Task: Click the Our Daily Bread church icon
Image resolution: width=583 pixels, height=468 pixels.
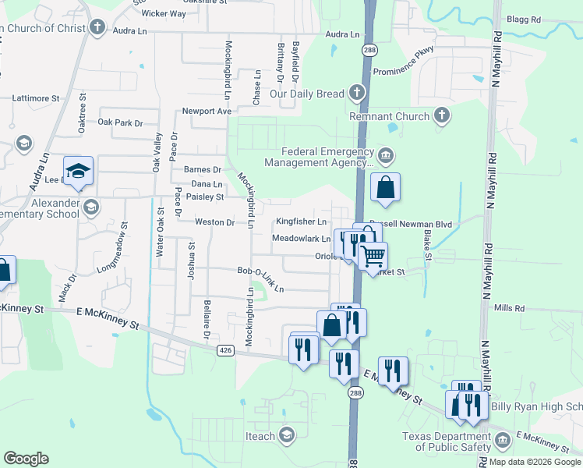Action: [357, 94]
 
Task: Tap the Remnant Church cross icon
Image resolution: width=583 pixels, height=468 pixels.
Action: [442, 117]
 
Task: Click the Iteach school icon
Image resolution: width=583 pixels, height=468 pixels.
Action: [287, 434]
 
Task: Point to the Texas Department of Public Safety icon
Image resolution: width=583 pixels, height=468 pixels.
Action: [503, 441]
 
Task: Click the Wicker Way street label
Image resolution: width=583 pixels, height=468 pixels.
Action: [164, 13]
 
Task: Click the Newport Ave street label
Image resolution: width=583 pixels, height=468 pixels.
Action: [207, 111]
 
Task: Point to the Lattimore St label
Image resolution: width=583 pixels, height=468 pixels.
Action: [36, 98]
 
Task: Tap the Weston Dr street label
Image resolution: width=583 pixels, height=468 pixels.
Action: [214, 222]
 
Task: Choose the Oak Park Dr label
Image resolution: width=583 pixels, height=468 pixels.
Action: [121, 122]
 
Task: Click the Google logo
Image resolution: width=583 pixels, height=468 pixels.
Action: [26, 459]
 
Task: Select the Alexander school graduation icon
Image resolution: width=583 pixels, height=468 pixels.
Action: [92, 207]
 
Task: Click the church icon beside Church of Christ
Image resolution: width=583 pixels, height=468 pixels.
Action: [97, 29]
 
